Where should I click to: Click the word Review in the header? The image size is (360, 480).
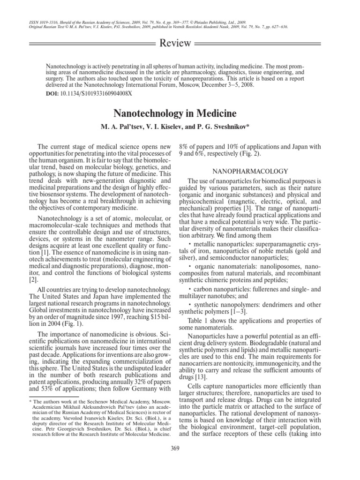tap(176, 44)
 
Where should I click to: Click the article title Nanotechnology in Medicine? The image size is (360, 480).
tap(180, 114)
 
